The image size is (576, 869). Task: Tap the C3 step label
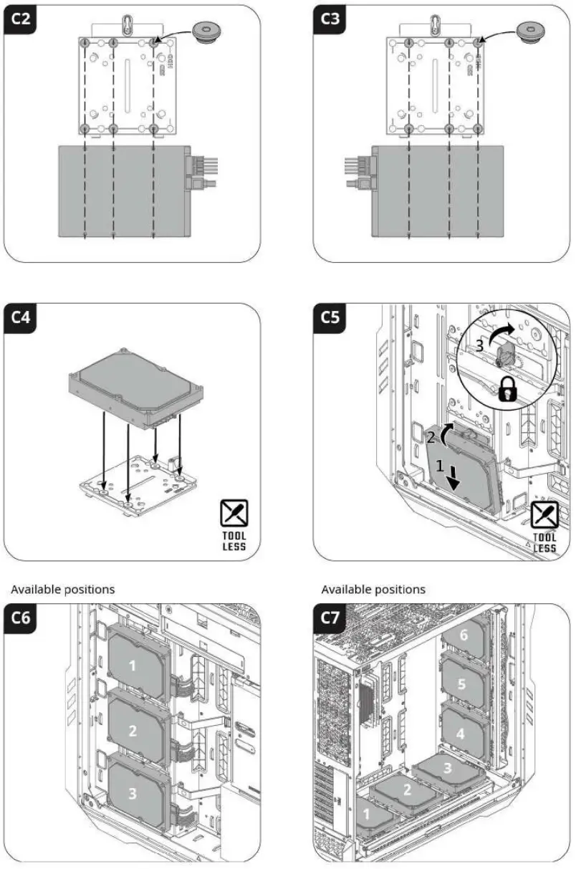tap(330, 19)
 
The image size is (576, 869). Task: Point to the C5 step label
tap(330, 317)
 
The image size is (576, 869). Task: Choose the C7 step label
tap(330, 618)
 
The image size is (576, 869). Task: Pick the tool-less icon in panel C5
tap(544, 516)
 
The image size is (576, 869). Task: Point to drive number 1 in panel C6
tap(132, 666)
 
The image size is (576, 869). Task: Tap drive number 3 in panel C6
tap(132, 793)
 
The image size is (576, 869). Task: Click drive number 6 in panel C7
tap(463, 635)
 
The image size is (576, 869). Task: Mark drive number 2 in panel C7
tap(407, 790)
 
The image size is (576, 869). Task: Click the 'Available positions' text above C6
tap(62, 589)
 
